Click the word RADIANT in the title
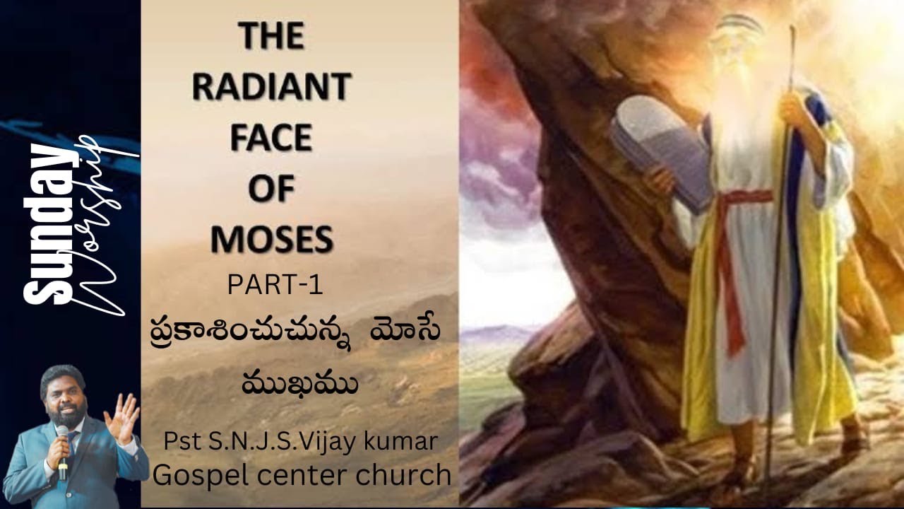(x=272, y=87)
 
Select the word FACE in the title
(x=272, y=138)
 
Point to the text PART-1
(x=275, y=285)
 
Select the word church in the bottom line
(x=402, y=476)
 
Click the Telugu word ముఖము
(x=299, y=386)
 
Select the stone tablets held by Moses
(x=661, y=148)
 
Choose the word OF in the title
(x=272, y=189)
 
